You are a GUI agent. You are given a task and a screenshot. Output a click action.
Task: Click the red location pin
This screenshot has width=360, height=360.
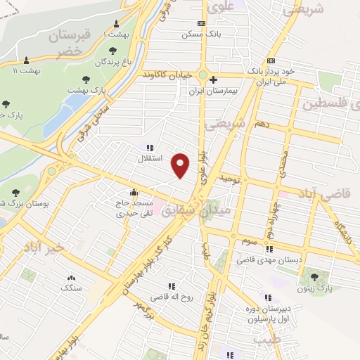click(181, 165)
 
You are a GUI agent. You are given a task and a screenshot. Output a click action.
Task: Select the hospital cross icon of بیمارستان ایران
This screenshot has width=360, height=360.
click(212, 79)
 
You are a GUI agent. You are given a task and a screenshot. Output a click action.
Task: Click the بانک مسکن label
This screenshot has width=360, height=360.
click(197, 34)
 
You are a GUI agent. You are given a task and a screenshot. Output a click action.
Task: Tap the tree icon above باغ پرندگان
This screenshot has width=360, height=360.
click(113, 50)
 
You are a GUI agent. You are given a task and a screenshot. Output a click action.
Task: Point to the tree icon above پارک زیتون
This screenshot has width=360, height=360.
click(314, 277)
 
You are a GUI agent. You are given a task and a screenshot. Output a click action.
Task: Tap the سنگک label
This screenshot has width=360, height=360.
click(71, 288)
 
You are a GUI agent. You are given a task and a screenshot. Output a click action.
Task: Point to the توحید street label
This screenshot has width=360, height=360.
click(229, 179)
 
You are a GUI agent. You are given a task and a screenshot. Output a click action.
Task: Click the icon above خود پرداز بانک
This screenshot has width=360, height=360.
click(271, 60)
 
